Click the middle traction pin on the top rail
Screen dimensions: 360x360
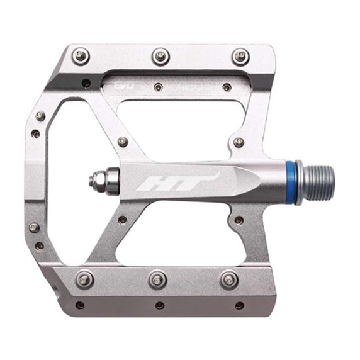[160, 56]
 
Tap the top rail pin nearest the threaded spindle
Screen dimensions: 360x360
[240, 56]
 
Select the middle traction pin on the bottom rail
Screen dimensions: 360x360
[157, 278]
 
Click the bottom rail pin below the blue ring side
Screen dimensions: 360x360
[230, 278]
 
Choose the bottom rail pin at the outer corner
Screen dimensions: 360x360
[84, 278]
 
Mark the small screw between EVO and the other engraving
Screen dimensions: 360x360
[159, 87]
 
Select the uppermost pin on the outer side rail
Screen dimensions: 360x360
[40, 116]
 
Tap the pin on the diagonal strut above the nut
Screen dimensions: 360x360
[123, 142]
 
